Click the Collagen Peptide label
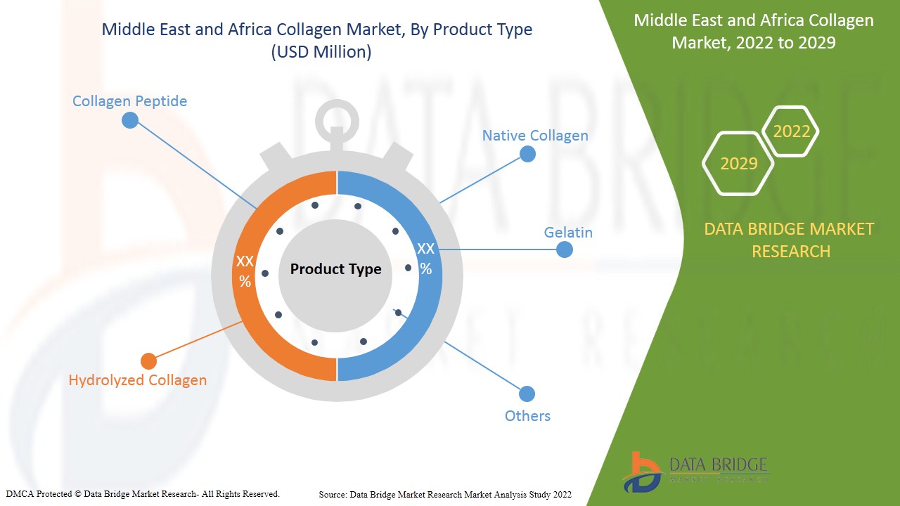129,101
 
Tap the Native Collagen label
534,136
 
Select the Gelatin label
568,233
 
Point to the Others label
527,416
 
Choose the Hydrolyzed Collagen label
138,380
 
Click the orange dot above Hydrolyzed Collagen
148,361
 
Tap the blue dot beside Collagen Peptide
130,120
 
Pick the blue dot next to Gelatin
565,249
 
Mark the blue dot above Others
527,394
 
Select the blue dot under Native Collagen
527,155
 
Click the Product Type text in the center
335,269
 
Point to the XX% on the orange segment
245,271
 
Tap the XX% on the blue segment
425,259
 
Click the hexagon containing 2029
738,164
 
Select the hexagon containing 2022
791,131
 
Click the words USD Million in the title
321,52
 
